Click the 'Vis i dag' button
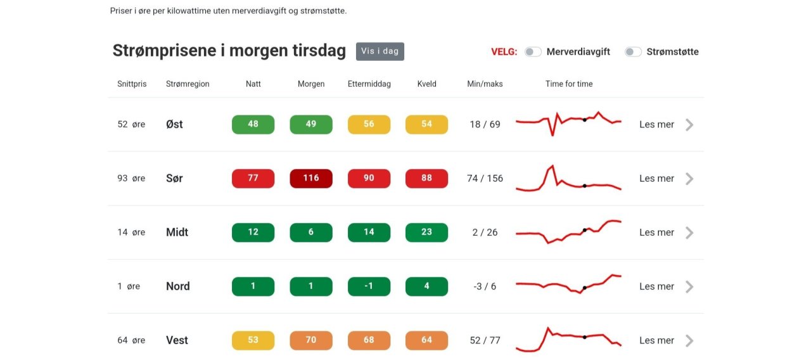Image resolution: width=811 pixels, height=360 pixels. [x=380, y=51]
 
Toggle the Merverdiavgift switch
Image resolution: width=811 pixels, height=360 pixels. [x=533, y=52]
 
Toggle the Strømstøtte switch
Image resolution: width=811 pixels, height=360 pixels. [x=633, y=52]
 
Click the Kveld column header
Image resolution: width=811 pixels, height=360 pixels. [x=426, y=84]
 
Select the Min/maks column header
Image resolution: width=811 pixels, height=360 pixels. [x=485, y=84]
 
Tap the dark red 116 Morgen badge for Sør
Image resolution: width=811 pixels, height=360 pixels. [x=310, y=178]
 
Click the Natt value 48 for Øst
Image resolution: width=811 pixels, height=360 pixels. [x=253, y=124]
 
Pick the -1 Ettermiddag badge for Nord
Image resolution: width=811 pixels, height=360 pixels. [x=369, y=286]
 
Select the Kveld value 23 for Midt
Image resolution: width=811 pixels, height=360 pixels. [x=426, y=233]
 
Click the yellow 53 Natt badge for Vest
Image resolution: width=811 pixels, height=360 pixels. [x=253, y=340]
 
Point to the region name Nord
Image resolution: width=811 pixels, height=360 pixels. [x=177, y=286]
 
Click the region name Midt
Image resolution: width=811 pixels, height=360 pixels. [x=177, y=233]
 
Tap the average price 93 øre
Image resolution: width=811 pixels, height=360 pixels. [x=131, y=178]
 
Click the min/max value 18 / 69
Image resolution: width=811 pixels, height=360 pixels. [x=485, y=124]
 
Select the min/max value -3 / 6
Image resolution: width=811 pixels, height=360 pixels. [x=485, y=286]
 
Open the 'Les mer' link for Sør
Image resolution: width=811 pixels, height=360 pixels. [x=656, y=178]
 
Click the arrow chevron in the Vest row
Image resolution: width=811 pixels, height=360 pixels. [x=689, y=340]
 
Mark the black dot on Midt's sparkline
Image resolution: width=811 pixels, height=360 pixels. [x=584, y=230]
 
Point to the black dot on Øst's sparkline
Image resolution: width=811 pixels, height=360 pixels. [x=584, y=120]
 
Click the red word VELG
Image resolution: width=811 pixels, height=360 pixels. [x=504, y=52]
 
